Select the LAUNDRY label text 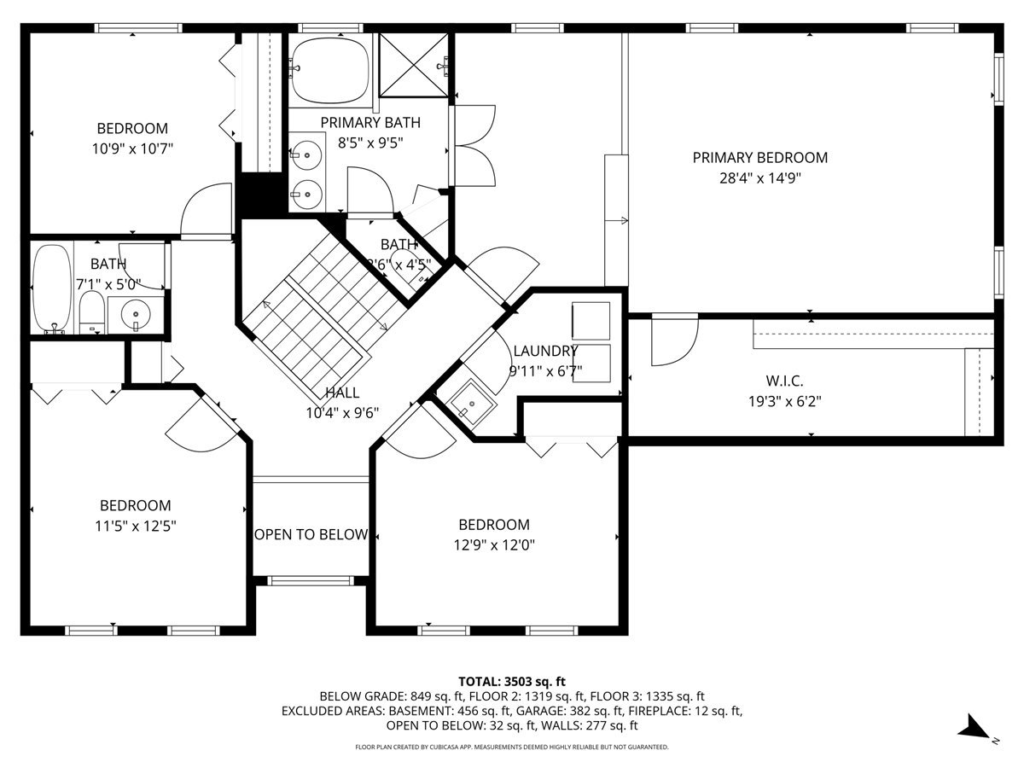(545, 351)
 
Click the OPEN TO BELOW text (311, 535)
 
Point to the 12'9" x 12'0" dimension (494, 544)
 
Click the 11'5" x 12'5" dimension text (135, 526)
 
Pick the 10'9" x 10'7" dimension (132, 148)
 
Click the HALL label (342, 393)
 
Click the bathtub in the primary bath (330, 68)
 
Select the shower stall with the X (414, 65)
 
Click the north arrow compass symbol (974, 729)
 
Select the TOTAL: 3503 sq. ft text (512, 681)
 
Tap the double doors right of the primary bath (475, 145)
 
